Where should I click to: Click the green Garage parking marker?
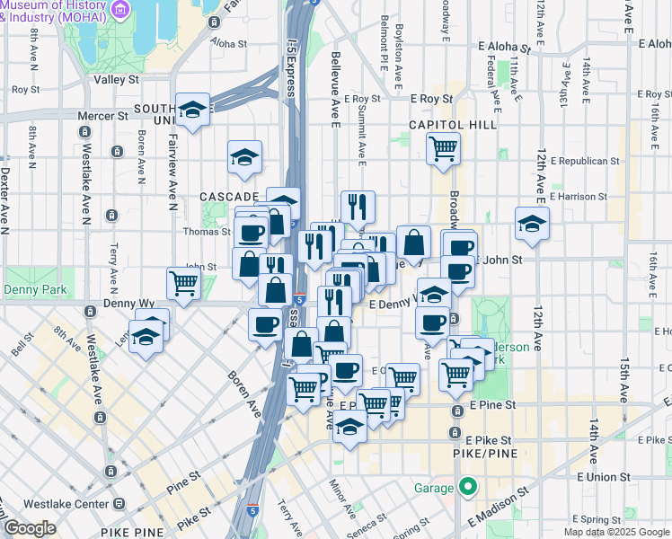click(467, 490)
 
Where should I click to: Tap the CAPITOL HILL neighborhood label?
click(452, 125)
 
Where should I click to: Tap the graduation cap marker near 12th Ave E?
click(532, 223)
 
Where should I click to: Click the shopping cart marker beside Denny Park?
click(183, 284)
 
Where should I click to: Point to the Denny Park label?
click(31, 290)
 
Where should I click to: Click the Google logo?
click(30, 528)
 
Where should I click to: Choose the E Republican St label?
click(584, 162)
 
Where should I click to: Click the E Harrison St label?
click(579, 195)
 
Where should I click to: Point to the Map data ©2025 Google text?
click(617, 532)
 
